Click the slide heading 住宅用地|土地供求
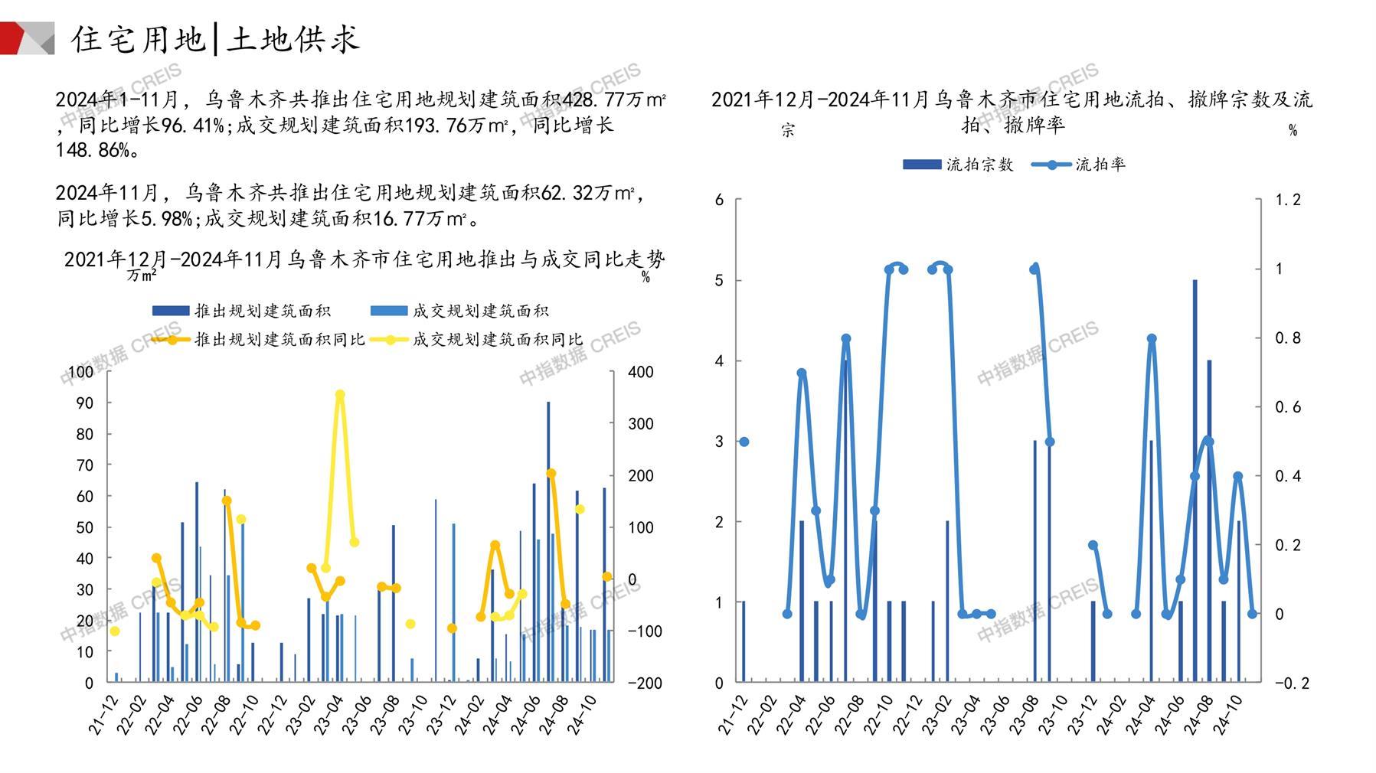coord(215,39)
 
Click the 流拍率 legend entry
coord(1100,165)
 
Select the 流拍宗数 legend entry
coord(979,165)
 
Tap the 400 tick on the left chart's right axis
coord(640,372)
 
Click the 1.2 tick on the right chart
coord(1287,200)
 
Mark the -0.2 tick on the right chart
coord(1291,683)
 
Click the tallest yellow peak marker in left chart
coord(340,395)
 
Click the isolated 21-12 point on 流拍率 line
coord(744,442)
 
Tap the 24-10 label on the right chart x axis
coord(1227,715)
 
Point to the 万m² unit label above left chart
coord(142,273)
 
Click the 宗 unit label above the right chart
coord(788,130)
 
